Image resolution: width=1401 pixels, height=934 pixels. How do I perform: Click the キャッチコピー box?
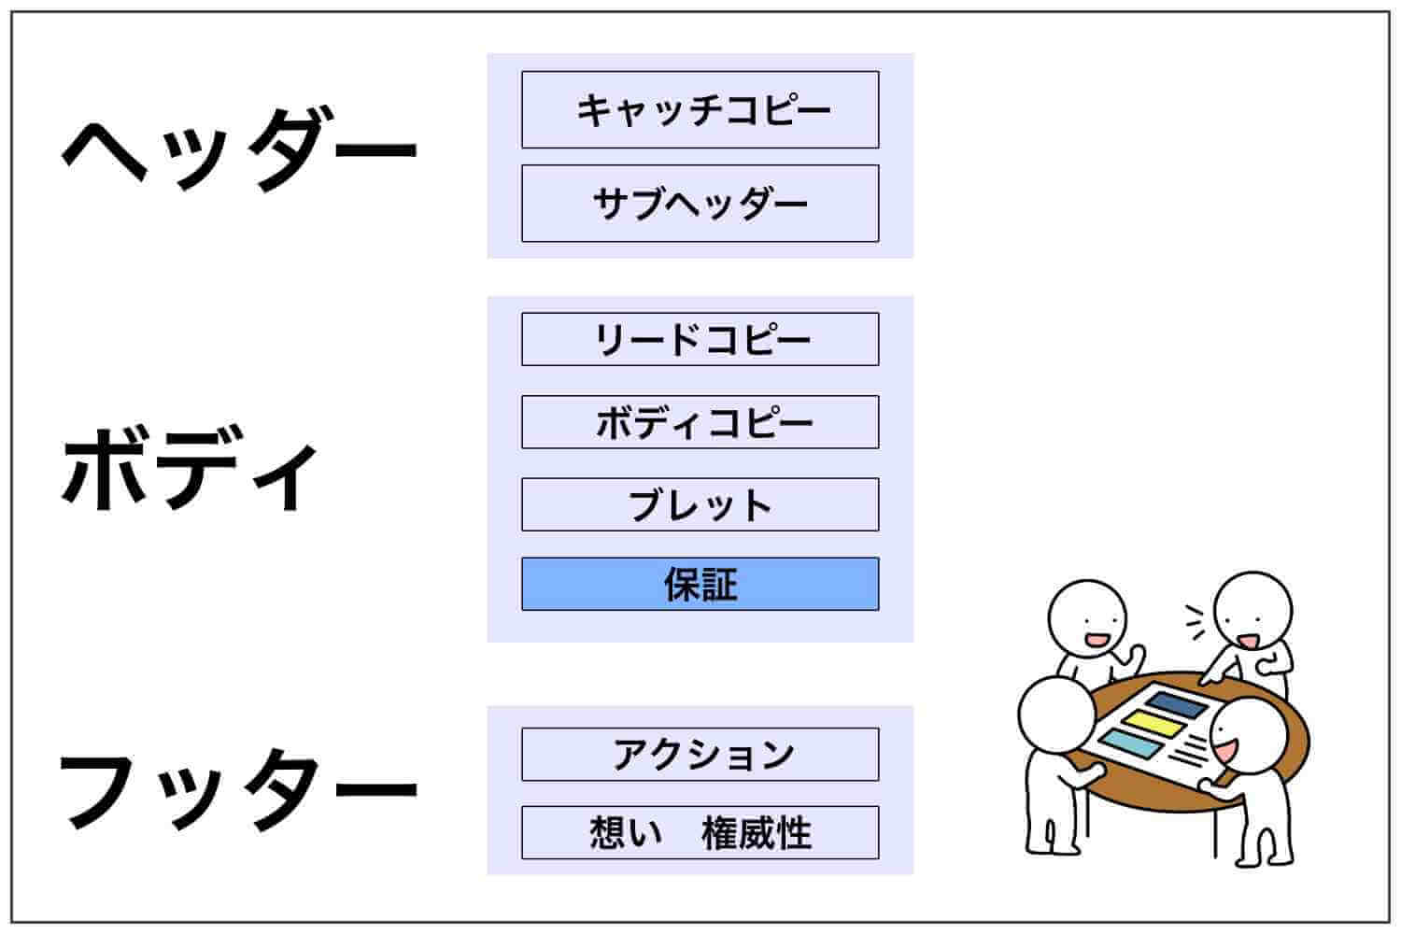(x=700, y=109)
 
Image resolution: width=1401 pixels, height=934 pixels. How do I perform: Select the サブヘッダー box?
(x=700, y=204)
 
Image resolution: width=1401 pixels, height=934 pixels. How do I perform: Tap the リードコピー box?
(x=700, y=339)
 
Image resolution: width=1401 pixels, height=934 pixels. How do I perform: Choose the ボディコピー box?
(x=700, y=421)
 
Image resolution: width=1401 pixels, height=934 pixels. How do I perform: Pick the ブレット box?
(x=700, y=504)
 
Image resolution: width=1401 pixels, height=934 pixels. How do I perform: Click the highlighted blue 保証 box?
(x=700, y=584)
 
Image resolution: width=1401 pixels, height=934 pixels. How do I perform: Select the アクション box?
(x=700, y=755)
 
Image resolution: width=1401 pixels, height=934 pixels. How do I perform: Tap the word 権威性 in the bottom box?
(x=757, y=833)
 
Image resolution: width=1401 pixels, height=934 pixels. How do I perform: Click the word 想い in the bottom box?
(x=626, y=833)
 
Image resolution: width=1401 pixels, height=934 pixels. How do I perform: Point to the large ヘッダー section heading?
(x=239, y=150)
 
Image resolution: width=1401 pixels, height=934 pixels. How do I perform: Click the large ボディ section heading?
(x=190, y=469)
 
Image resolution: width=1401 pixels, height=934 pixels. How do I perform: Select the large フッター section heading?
(x=238, y=789)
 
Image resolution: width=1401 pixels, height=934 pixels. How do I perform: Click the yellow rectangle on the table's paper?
(x=1152, y=725)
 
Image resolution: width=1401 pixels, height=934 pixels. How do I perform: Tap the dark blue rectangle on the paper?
(x=1177, y=704)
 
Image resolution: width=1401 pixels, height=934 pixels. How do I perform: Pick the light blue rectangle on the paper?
(x=1129, y=743)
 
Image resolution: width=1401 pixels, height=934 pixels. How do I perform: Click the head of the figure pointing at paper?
(x=1252, y=610)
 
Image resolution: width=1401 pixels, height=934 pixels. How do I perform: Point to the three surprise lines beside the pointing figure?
(x=1195, y=622)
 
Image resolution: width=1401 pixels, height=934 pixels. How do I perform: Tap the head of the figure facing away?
(x=1056, y=715)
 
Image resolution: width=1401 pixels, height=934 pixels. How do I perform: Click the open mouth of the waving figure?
(x=1097, y=640)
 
